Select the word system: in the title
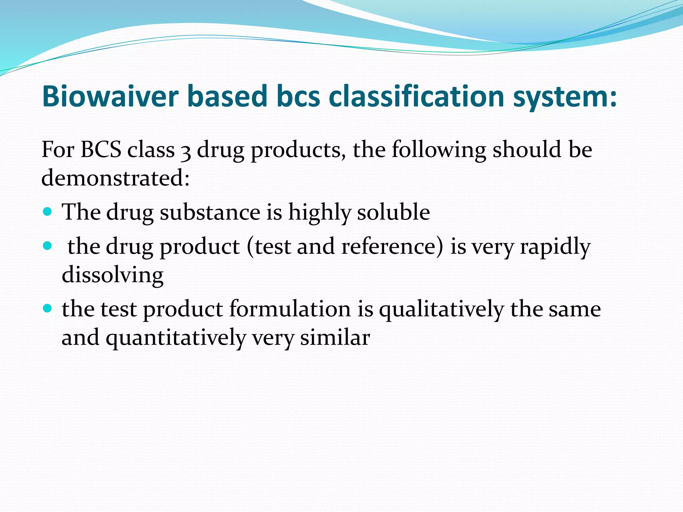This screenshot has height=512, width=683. (565, 97)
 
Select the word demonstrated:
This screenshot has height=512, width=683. (115, 178)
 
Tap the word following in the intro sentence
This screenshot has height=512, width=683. (439, 150)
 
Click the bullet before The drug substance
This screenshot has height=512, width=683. (48, 212)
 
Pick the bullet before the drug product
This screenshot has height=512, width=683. (48, 246)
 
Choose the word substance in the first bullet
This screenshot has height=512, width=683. (210, 212)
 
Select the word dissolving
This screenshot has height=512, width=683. (112, 275)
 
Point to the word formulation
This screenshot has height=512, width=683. (289, 308)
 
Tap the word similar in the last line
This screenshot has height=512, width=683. (335, 337)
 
